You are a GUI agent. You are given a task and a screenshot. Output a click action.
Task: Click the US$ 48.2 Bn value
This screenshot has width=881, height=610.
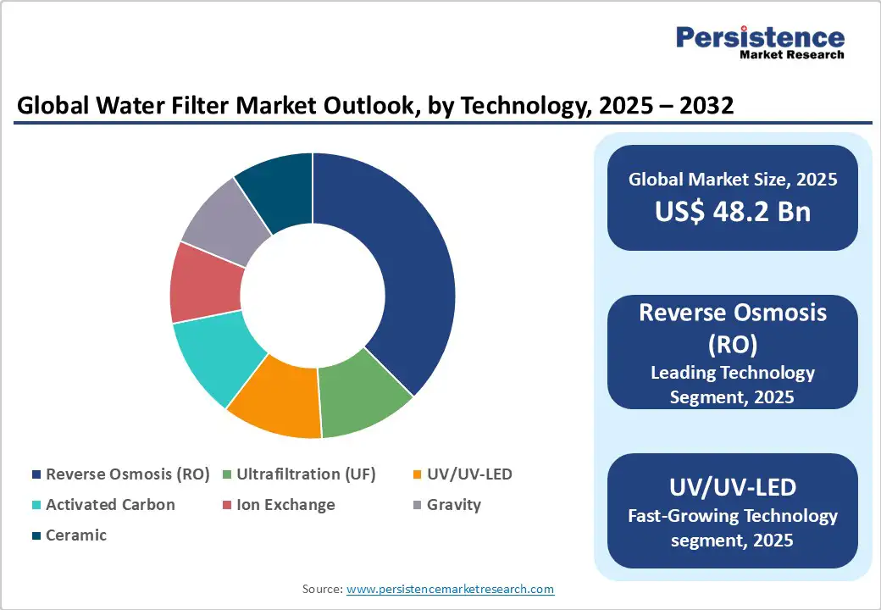point(732,212)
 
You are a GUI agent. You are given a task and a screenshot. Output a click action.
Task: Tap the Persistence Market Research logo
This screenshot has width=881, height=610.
point(759,42)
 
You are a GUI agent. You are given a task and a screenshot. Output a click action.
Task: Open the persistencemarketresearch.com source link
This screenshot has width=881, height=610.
point(450,588)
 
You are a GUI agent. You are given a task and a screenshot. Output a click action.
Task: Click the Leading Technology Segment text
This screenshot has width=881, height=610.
point(732,384)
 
